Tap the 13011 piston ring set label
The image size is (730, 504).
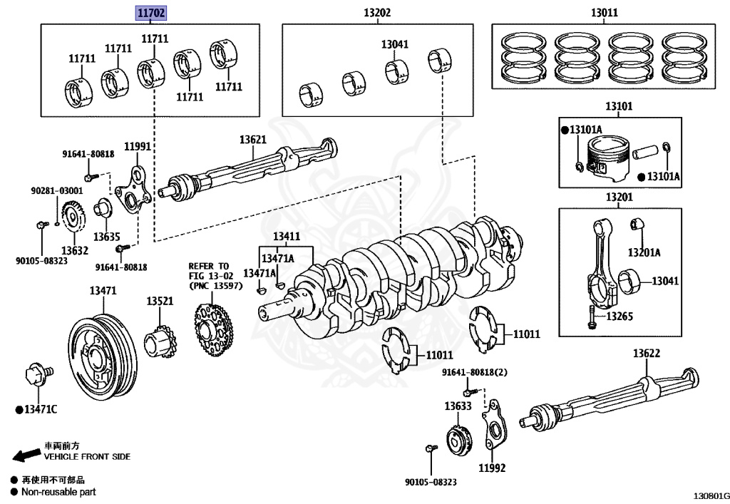pyautogui.click(x=604, y=13)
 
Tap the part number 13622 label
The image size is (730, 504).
pyautogui.click(x=646, y=354)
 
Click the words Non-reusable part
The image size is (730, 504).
pyautogui.click(x=58, y=492)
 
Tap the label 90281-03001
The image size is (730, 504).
pyautogui.click(x=57, y=191)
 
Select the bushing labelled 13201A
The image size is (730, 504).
pyautogui.click(x=636, y=225)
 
